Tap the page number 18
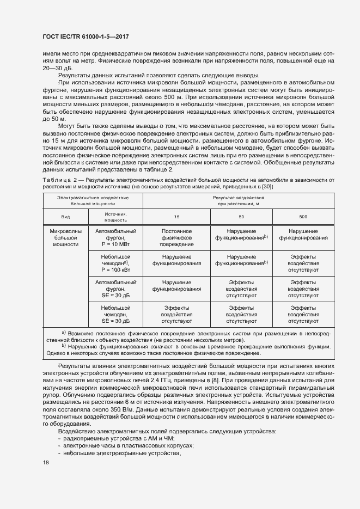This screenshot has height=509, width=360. click(x=46, y=462)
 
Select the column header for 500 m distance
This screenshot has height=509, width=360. click(x=303, y=217)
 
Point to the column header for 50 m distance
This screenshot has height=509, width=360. click(x=241, y=217)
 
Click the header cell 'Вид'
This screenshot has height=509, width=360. click(x=65, y=217)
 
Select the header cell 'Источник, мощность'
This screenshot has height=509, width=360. click(x=115, y=217)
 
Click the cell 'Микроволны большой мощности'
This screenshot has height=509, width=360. click(x=65, y=238)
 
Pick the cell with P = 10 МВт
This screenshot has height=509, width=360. click(x=115, y=238)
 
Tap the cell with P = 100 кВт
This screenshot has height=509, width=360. click(x=115, y=263)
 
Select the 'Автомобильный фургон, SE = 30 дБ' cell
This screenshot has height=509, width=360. click(x=115, y=289)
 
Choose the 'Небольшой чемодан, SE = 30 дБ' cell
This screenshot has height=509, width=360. click(x=115, y=315)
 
